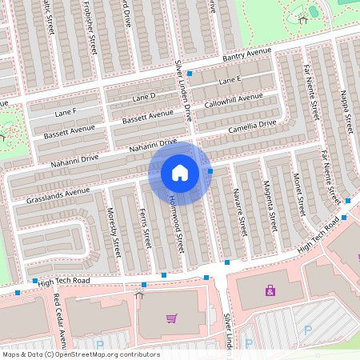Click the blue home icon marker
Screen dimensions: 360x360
[180, 172]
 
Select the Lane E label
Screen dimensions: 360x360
[230, 80]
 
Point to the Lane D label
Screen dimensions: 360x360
[143, 96]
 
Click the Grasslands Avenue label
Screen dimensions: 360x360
[58, 193]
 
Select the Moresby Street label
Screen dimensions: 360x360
[114, 231]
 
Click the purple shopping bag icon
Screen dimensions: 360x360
[270, 290]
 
